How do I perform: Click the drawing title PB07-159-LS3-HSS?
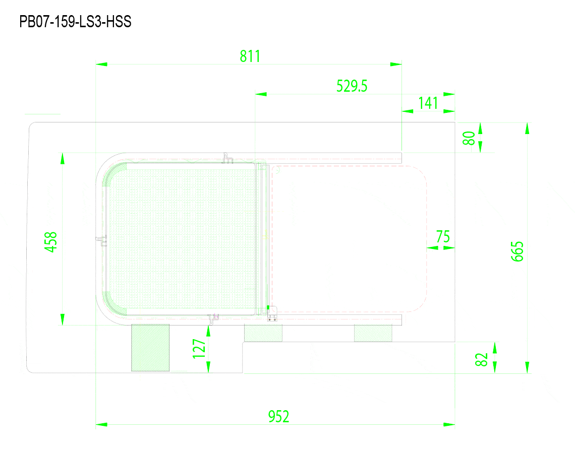pyautogui.click(x=75, y=22)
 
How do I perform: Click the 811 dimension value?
pyautogui.click(x=250, y=56)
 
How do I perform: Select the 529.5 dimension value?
pyautogui.click(x=352, y=86)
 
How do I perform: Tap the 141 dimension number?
pyautogui.click(x=428, y=103)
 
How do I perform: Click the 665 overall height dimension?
pyautogui.click(x=517, y=251)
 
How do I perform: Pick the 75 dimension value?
pyautogui.click(x=443, y=237)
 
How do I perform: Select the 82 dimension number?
pyautogui.click(x=481, y=360)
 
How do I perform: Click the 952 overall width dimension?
pyautogui.click(x=279, y=416)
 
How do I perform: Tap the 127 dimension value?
pyautogui.click(x=199, y=348)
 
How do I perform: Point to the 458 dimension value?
pyautogui.click(x=50, y=242)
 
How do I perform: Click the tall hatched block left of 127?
pyautogui.click(x=150, y=348)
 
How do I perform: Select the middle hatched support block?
pyautogui.click(x=263, y=333)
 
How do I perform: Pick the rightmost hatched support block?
pyautogui.click(x=373, y=333)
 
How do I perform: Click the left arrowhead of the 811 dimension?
pyautogui.click(x=101, y=64)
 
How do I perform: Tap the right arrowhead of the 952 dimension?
pyautogui.click(x=449, y=424)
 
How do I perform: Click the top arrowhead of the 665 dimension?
pyautogui.click(x=527, y=128)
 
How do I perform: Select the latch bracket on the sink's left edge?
pyautogui.click(x=101, y=241)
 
